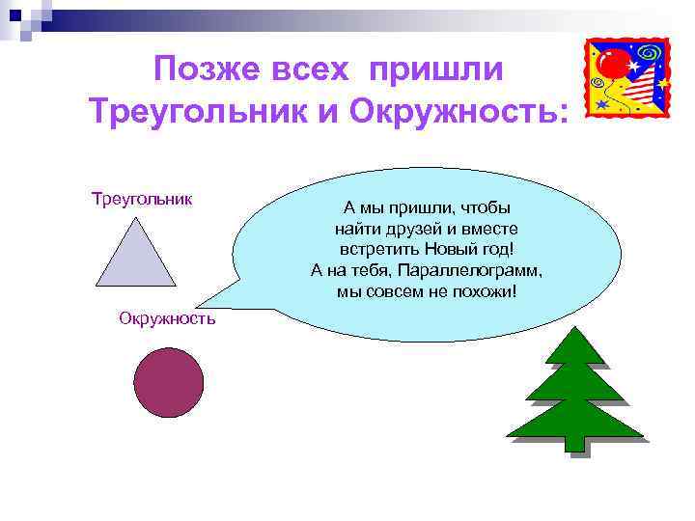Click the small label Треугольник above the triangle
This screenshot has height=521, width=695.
pyautogui.click(x=142, y=199)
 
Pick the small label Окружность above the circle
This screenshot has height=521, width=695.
pyautogui.click(x=167, y=317)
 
